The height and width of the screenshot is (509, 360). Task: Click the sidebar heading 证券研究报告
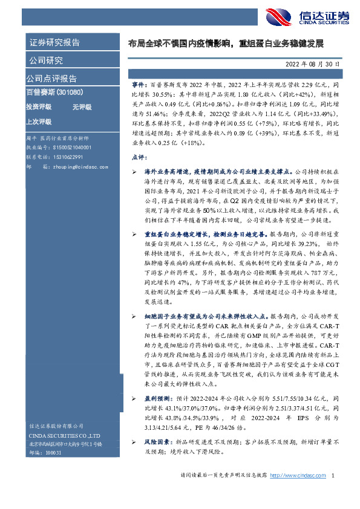[x=54, y=43]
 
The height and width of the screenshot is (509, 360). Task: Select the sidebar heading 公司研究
[x=45, y=60]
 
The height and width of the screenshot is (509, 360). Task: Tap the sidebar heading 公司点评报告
[x=51, y=79]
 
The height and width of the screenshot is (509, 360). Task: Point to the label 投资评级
[x=38, y=107]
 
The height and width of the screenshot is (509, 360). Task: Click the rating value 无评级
[x=82, y=107]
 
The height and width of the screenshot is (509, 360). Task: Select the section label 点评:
[x=138, y=157]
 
